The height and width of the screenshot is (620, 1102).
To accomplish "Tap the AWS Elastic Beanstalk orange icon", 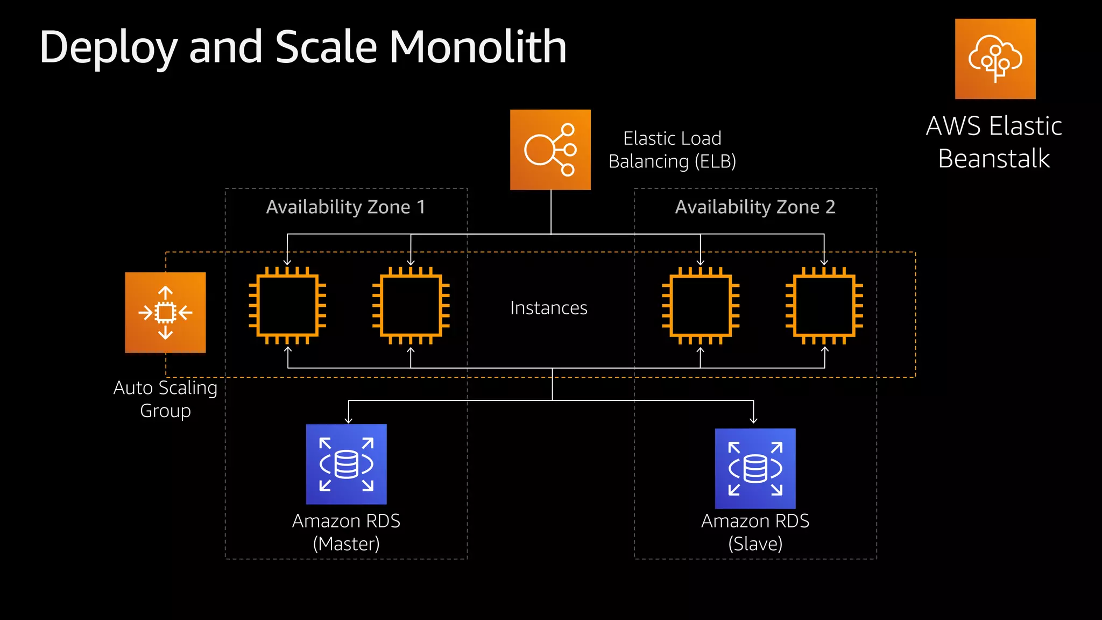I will tap(995, 59).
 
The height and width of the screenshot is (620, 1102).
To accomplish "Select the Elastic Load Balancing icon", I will tap(550, 150).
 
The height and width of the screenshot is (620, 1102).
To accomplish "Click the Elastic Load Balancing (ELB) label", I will tap(672, 150).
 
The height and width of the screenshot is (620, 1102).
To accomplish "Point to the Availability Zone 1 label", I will tap(345, 207).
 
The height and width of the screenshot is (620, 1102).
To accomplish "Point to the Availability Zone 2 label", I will tap(755, 207).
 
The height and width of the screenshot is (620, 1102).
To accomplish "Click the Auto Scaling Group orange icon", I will tap(165, 313).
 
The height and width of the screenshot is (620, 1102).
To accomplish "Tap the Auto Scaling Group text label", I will tap(165, 399).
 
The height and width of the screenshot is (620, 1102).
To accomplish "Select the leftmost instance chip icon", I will tap(287, 306).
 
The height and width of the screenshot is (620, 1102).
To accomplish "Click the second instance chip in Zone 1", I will tap(411, 306).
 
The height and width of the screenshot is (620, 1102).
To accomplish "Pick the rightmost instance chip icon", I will tap(824, 306).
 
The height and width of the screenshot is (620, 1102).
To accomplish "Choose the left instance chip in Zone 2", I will tap(701, 306).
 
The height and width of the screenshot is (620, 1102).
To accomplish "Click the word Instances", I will tap(548, 308).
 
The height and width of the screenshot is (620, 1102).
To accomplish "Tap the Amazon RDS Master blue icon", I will tap(346, 464).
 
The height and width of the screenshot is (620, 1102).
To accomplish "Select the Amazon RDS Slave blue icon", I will tap(755, 468).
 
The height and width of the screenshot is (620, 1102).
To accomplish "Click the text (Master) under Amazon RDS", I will tap(346, 544).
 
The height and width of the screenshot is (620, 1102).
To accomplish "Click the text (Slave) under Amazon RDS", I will tap(755, 544).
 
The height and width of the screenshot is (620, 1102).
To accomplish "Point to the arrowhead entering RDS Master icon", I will tap(349, 420).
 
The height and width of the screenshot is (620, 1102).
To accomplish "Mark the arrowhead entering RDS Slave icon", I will tap(753, 420).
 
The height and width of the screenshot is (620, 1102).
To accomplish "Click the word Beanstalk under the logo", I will tap(993, 159).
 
